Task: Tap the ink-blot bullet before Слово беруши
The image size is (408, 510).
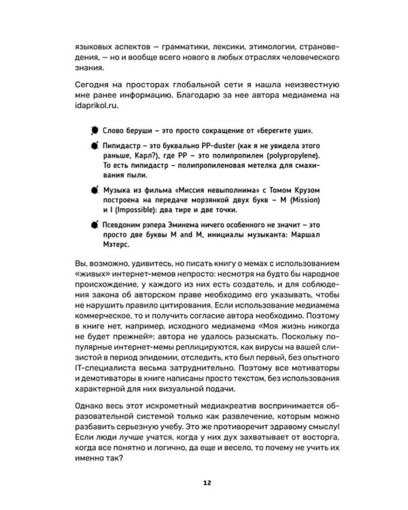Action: (92, 131)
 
